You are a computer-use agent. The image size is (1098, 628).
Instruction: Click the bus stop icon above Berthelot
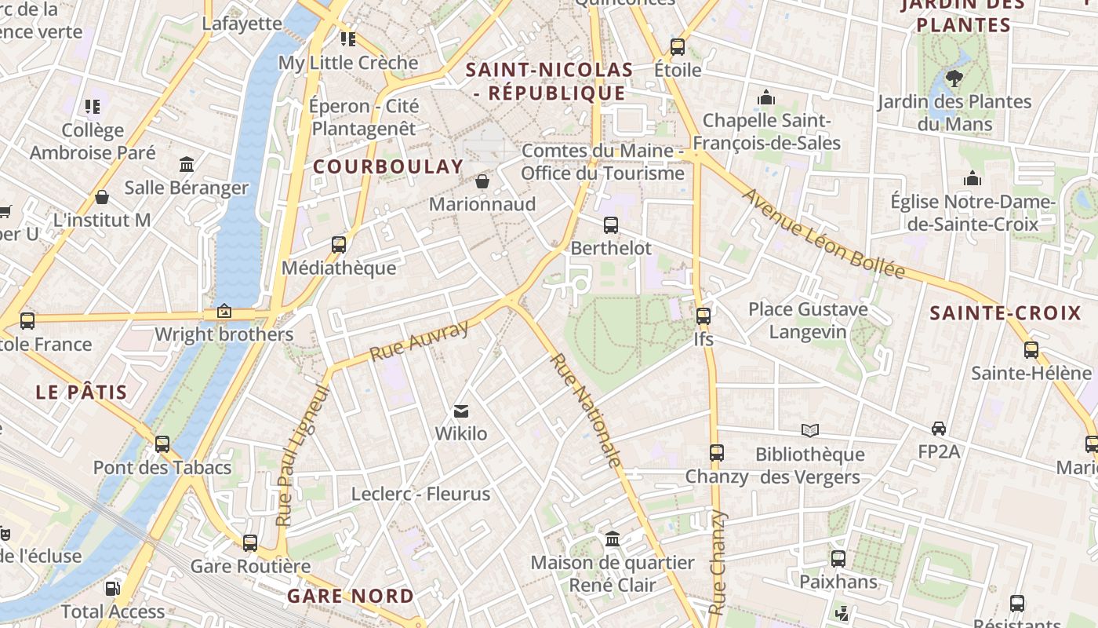[x=610, y=225]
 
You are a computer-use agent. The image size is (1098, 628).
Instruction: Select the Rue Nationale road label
[x=586, y=410]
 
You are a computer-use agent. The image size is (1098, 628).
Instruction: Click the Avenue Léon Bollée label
[x=823, y=234]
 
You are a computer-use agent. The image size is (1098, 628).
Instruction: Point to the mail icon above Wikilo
[x=461, y=411]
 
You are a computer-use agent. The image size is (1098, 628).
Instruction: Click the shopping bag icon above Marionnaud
[x=482, y=181]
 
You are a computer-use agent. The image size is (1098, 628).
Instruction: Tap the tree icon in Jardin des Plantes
[x=954, y=78]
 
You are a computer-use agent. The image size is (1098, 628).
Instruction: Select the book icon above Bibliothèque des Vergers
[x=810, y=430]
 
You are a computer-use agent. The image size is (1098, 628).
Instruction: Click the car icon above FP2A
[x=939, y=428]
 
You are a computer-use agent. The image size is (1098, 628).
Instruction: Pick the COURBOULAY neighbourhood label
[x=388, y=166]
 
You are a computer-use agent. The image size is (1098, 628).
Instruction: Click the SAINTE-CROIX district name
[x=1005, y=313]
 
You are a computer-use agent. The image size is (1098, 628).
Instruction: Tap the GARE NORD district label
[x=350, y=596]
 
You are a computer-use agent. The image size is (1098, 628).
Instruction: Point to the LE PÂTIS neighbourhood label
[x=82, y=392]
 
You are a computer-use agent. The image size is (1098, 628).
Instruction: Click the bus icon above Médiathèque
[x=339, y=244]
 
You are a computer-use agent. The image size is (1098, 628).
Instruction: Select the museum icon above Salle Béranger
[x=187, y=165]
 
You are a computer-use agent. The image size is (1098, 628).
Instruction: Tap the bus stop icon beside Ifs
[x=704, y=316]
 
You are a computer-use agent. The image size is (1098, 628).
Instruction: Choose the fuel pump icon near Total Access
[x=113, y=588]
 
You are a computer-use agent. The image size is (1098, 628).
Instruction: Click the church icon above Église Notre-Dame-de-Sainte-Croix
[x=973, y=178]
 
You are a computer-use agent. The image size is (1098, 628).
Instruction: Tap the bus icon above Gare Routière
[x=250, y=542]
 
